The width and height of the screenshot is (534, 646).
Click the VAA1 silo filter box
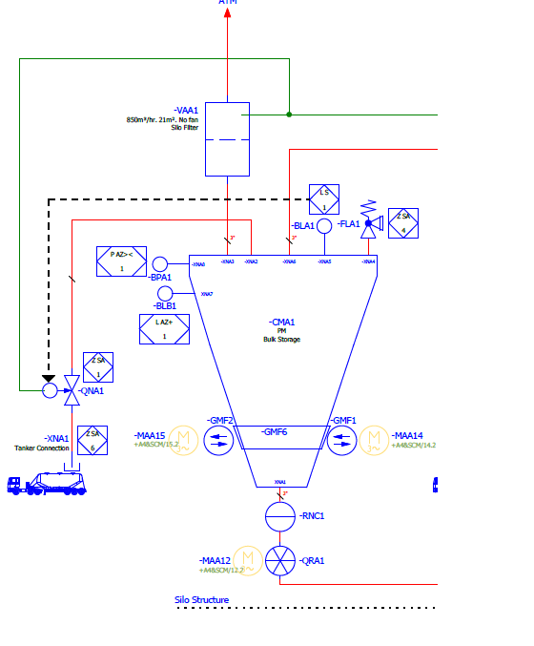[227, 138]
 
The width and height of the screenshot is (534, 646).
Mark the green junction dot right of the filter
[289, 115]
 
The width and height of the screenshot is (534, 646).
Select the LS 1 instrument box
[324, 199]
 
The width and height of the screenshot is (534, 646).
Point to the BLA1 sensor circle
[324, 225]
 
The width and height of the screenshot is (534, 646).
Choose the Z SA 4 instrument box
[403, 223]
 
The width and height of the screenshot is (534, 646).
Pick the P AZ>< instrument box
[121, 261]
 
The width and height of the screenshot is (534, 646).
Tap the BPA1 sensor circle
[159, 264]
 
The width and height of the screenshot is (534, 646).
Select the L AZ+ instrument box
[164, 329]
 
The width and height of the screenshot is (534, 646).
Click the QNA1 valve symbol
[71, 386]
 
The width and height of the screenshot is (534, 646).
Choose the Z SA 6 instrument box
[92, 440]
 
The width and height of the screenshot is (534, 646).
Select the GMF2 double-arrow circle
[218, 440]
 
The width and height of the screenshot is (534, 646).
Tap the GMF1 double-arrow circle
[342, 440]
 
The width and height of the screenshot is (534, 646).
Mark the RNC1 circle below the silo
[280, 516]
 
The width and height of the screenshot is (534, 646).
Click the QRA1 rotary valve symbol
[280, 560]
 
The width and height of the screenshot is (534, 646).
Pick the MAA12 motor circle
[249, 560]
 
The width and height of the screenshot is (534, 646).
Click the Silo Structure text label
[201, 601]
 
